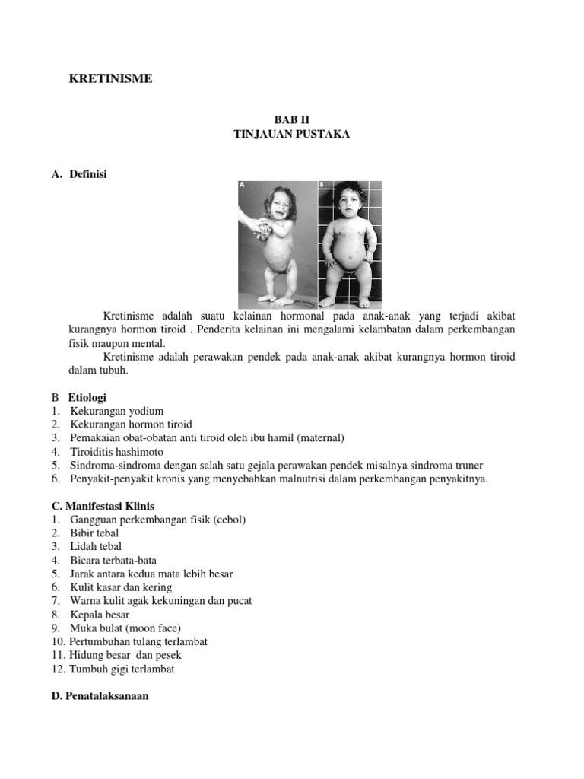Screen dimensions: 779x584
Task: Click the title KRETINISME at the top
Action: pyautogui.click(x=111, y=78)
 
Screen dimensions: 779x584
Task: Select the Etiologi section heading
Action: pyautogui.click(x=87, y=397)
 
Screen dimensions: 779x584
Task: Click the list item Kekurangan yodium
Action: pyautogui.click(x=116, y=411)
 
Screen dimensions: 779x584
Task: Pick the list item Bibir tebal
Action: pyautogui.click(x=94, y=533)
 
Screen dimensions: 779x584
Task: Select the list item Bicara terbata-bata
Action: pyautogui.click(x=113, y=560)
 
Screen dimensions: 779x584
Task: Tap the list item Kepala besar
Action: pyautogui.click(x=100, y=614)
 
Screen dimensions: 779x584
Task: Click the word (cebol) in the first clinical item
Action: pyautogui.click(x=229, y=519)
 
